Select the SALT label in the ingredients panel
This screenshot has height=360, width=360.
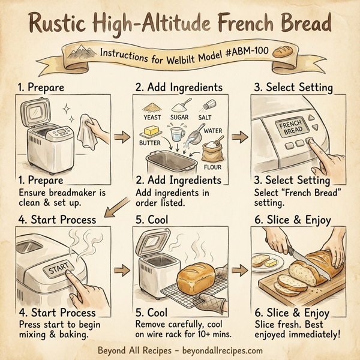point(207,118)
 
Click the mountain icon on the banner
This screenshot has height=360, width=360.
point(78,56)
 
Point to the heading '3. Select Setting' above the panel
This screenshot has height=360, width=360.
point(293,87)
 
